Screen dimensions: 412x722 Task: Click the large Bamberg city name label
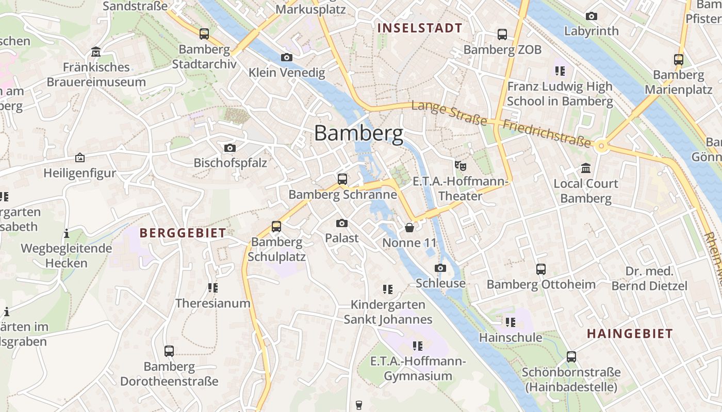pos(358,133)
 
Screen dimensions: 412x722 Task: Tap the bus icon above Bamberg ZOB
pos(502,35)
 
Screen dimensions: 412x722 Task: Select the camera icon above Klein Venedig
pos(287,57)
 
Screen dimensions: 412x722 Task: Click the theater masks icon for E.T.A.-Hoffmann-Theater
pos(460,166)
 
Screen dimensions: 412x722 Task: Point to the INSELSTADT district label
pos(420,28)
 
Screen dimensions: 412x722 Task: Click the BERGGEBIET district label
pos(183,233)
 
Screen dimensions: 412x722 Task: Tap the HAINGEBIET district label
pos(630,334)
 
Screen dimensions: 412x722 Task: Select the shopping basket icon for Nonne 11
pos(409,227)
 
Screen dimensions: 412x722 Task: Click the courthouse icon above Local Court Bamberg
pos(586,168)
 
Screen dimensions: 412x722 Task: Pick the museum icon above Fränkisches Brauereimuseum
pos(96,52)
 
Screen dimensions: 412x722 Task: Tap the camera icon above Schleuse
pos(440,268)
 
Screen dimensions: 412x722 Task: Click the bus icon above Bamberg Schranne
pos(342,179)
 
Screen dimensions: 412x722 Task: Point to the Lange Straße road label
pos(449,113)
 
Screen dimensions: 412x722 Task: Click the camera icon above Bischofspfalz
pos(230,148)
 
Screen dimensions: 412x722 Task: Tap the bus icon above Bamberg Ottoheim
pos(541,269)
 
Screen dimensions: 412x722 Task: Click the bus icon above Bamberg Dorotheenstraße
pos(169,351)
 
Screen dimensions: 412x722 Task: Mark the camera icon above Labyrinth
pos(592,16)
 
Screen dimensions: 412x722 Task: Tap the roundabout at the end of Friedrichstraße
pos(601,146)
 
